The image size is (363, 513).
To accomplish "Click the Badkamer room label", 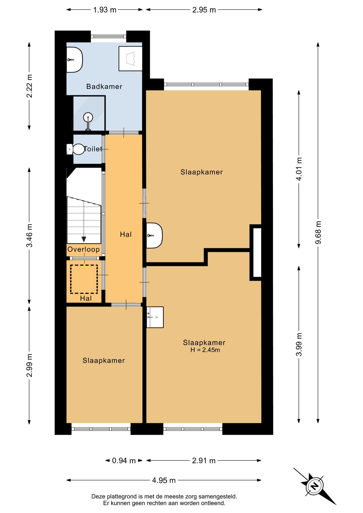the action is pyautogui.click(x=104, y=86).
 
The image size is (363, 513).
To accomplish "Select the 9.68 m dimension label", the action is pyautogui.click(x=318, y=232).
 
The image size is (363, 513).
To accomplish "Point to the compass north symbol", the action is pyautogui.click(x=315, y=485).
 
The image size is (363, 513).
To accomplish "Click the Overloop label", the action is pyautogui.click(x=83, y=249).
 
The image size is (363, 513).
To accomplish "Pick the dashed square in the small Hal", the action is pyautogui.click(x=84, y=279).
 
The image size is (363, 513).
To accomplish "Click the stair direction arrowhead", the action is pyautogui.click(x=84, y=239).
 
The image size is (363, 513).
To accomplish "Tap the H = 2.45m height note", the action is pyautogui.click(x=205, y=350).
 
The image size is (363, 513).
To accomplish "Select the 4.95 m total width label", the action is pyautogui.click(x=164, y=480).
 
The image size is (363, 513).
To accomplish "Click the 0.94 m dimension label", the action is pyautogui.click(x=124, y=461).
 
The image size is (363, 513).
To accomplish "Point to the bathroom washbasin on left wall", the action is pyautogui.click(x=75, y=60).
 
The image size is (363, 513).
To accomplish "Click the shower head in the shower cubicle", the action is pyautogui.click(x=88, y=117).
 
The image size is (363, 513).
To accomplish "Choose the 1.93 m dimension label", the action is pyautogui.click(x=105, y=10).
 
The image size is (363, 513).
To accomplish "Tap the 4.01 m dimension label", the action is pyautogui.click(x=299, y=169).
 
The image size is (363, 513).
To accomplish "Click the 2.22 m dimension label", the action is pyautogui.click(x=29, y=86).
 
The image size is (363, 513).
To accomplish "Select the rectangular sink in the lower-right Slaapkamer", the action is pyautogui.click(x=155, y=317).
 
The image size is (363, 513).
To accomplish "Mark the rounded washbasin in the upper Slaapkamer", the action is pyautogui.click(x=155, y=235).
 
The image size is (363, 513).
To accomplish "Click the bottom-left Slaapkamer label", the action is pyautogui.click(x=104, y=360).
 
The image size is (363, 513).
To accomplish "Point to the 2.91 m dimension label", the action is pyautogui.click(x=204, y=461).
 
